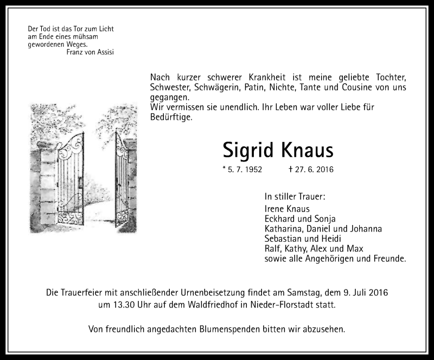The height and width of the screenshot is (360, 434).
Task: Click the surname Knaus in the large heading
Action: coord(307,150)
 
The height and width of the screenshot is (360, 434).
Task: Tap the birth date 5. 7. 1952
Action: coord(242,170)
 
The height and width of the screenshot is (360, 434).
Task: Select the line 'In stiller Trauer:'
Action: coord(295,196)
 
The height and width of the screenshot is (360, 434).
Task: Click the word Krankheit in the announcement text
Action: coord(257,78)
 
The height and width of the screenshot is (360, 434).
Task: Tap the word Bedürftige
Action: coord(170,117)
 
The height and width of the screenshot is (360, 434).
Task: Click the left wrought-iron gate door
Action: coord(71,179)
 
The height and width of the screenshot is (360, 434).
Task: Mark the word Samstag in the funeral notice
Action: coord(303,293)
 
